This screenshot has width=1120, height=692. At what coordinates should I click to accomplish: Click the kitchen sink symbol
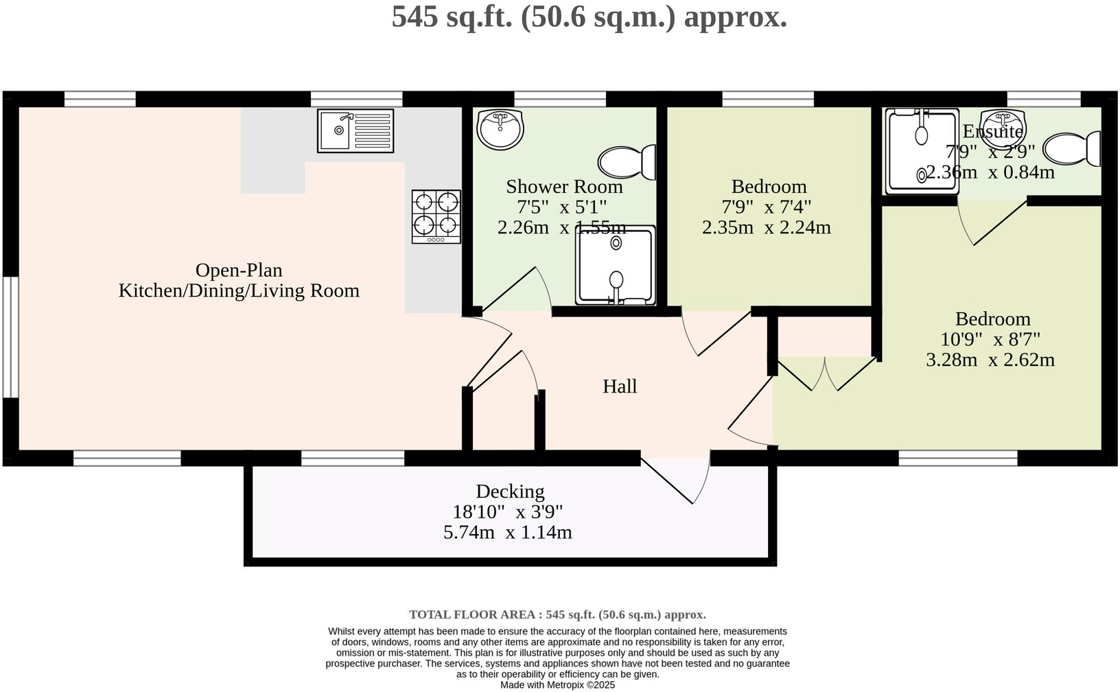pyautogui.click(x=355, y=130)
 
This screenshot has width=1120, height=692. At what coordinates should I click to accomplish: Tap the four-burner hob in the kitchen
pyautogui.click(x=436, y=216)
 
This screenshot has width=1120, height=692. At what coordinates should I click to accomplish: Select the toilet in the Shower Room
pyautogui.click(x=627, y=162)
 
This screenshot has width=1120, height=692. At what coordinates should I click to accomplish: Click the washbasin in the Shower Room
pyautogui.click(x=500, y=129)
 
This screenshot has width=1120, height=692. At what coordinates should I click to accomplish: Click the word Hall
pyautogui.click(x=620, y=387)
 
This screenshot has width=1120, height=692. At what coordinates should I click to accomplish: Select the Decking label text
pyautogui.click(x=510, y=492)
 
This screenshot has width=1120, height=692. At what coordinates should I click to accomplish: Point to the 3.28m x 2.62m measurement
pyautogui.click(x=990, y=360)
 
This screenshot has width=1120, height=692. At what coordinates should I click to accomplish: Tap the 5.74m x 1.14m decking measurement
pyautogui.click(x=507, y=532)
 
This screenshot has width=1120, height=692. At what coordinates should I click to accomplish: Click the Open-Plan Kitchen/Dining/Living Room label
pyautogui.click(x=239, y=280)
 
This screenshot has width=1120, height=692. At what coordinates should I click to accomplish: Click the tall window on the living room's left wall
pyautogui.click(x=10, y=337)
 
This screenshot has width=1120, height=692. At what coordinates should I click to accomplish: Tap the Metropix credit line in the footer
pyautogui.click(x=557, y=684)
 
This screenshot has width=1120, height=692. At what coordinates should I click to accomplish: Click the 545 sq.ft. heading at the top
pyautogui.click(x=589, y=16)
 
